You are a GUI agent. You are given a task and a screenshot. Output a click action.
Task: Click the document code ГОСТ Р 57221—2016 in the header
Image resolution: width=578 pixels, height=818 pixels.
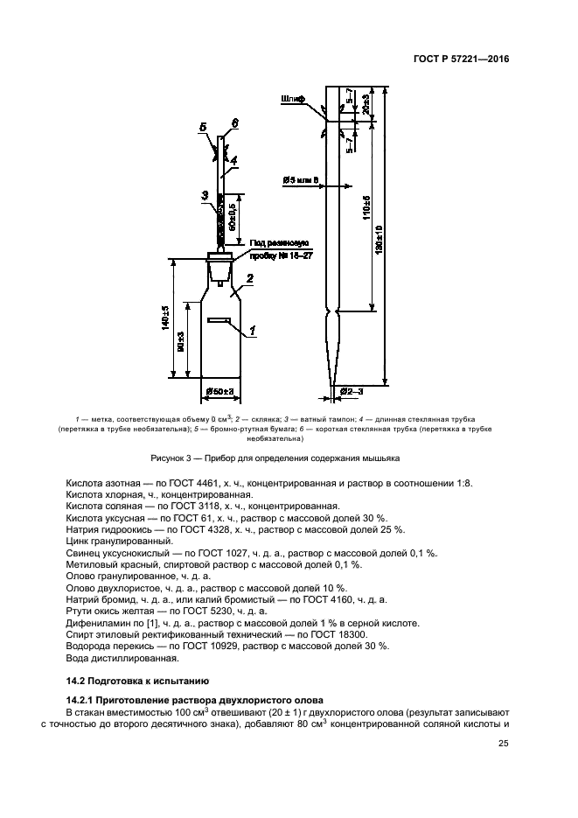click(x=461, y=59)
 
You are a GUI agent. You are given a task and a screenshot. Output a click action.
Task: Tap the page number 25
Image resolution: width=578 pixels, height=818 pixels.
click(x=503, y=744)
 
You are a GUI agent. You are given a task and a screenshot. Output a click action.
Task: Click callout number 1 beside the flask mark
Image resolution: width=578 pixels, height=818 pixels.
click(x=252, y=331)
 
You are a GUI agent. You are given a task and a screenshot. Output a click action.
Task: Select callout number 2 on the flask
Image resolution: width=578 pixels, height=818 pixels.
click(x=249, y=278)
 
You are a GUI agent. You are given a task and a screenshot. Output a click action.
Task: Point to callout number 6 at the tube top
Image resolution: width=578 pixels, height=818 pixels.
click(x=234, y=123)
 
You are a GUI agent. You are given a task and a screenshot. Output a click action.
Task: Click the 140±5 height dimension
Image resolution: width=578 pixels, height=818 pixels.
click(x=166, y=316)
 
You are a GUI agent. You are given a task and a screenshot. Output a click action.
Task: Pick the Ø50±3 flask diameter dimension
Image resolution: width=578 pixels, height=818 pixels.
click(x=220, y=391)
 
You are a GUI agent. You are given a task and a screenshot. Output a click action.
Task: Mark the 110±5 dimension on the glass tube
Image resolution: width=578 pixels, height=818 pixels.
click(x=366, y=207)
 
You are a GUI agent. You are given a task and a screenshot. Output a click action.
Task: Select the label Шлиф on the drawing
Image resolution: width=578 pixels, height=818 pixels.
click(x=292, y=99)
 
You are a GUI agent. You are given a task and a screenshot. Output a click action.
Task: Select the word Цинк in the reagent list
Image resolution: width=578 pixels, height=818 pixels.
click(x=77, y=542)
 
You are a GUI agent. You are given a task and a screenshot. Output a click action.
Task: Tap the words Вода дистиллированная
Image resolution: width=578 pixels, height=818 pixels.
click(x=122, y=658)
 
